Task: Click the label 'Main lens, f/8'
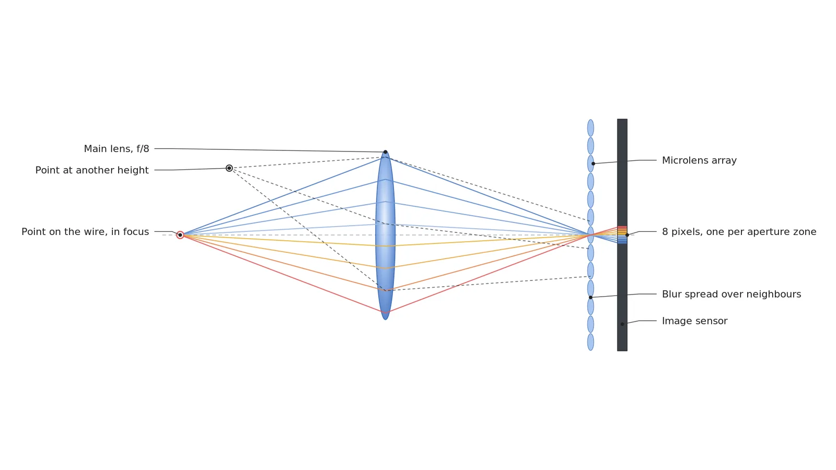pyautogui.click(x=117, y=149)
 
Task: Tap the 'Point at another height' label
pyautogui.click(x=92, y=170)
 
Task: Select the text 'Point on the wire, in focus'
pyautogui.click(x=85, y=232)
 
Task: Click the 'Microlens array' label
pyautogui.click(x=699, y=160)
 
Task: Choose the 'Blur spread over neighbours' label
pyautogui.click(x=731, y=295)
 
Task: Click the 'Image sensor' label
pyautogui.click(x=694, y=321)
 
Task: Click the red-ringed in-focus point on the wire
pyautogui.click(x=180, y=235)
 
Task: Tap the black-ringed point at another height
pyautogui.click(x=229, y=168)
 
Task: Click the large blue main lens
pyautogui.click(x=386, y=235)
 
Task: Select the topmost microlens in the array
pyautogui.click(x=590, y=128)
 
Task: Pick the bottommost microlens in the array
pyautogui.click(x=590, y=342)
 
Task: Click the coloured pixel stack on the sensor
pyautogui.click(x=622, y=235)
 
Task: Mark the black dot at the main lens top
pyautogui.click(x=386, y=152)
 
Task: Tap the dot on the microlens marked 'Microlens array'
pyautogui.click(x=593, y=164)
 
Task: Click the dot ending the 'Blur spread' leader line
pyautogui.click(x=590, y=297)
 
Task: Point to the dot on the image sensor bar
pyautogui.click(x=622, y=324)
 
